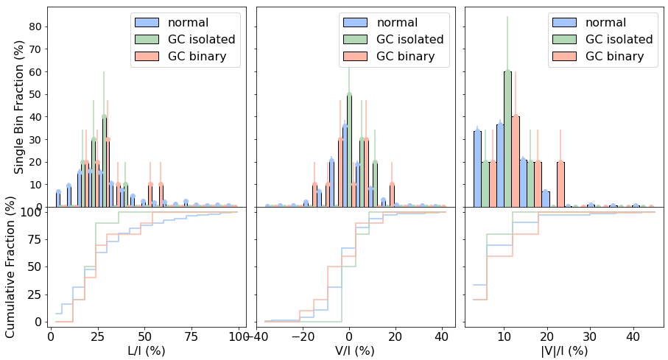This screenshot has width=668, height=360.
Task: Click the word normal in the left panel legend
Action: tap(188, 23)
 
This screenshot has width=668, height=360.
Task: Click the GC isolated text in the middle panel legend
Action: tap(409, 40)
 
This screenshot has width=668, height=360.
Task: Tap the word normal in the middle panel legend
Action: tap(397, 23)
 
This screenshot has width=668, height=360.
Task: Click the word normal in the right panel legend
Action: tap(605, 23)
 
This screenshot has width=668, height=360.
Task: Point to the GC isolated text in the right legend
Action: tap(619, 40)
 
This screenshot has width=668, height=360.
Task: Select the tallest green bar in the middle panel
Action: tap(349, 151)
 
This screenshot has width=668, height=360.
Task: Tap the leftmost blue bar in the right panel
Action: tap(477, 169)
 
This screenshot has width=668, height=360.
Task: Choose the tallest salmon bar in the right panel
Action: tap(516, 161)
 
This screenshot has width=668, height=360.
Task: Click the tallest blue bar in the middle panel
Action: tap(345, 166)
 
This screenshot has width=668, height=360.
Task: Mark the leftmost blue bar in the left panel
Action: tap(58, 199)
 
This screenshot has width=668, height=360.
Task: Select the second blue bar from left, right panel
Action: tap(500, 165)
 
